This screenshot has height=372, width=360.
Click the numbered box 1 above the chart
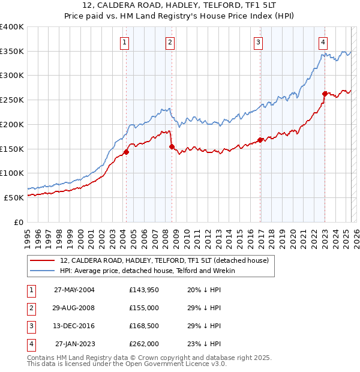[x=124, y=42]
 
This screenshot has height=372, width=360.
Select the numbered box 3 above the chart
[x=258, y=42]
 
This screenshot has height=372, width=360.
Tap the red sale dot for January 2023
[x=325, y=94]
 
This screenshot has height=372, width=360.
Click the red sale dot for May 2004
[x=127, y=152]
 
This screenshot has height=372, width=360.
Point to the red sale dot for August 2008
[x=172, y=146]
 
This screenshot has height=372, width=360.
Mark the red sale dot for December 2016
[x=260, y=140]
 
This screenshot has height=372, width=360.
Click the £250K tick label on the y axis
[x=11, y=100]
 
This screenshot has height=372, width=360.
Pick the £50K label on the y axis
[x=13, y=197]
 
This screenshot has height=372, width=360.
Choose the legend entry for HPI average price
[x=148, y=271]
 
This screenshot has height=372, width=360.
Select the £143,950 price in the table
[x=143, y=290]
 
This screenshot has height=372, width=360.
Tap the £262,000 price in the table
[x=143, y=344]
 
